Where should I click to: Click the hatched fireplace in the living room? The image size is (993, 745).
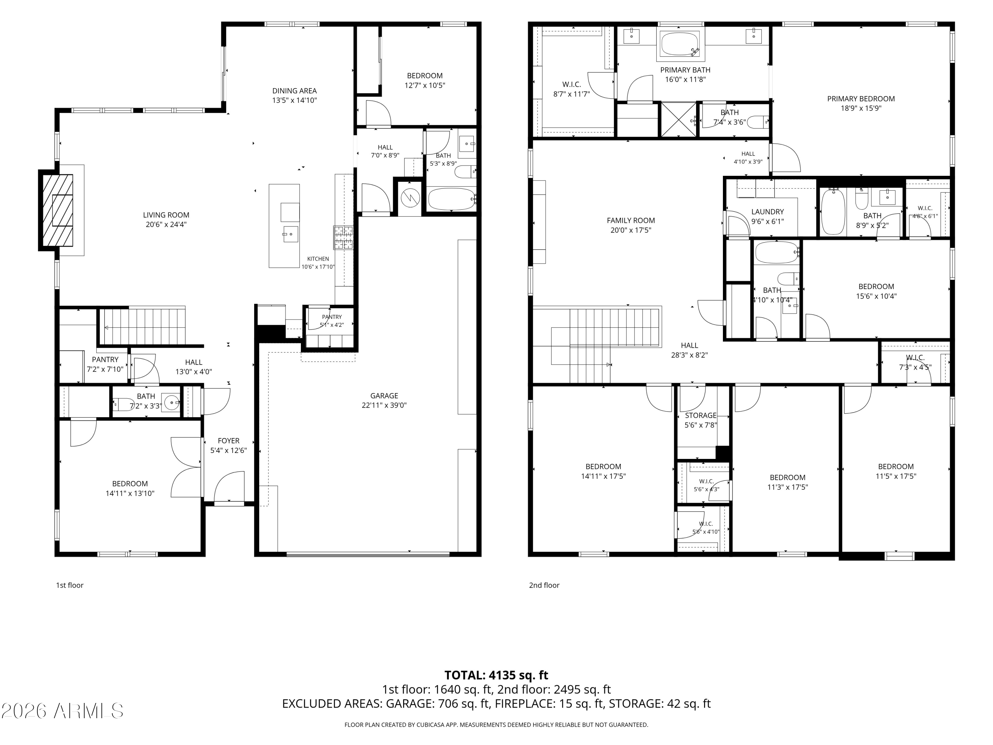tap(58, 210)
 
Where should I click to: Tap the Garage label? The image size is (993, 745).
tap(384, 396)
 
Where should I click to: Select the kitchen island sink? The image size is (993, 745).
tap(290, 234)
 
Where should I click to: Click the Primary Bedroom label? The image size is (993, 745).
tap(861, 99)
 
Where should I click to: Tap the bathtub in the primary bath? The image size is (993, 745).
tap(681, 44)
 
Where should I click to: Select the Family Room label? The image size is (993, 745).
tap(631, 221)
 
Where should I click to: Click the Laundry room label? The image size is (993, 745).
tap(768, 212)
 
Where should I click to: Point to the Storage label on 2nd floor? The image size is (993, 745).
tap(701, 416)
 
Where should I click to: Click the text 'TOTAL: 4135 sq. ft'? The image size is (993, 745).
tap(496, 675)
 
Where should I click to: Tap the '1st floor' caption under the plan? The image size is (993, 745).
tap(70, 585)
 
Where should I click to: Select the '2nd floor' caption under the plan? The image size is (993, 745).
tap(544, 585)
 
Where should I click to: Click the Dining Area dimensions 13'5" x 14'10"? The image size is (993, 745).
tap(295, 100)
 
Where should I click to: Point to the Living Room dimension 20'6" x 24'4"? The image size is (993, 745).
tap(166, 224)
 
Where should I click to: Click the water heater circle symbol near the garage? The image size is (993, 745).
tap(410, 198)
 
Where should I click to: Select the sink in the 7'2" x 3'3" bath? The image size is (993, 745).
tap(171, 402)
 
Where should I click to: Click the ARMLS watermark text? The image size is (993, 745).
tap(63, 711)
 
